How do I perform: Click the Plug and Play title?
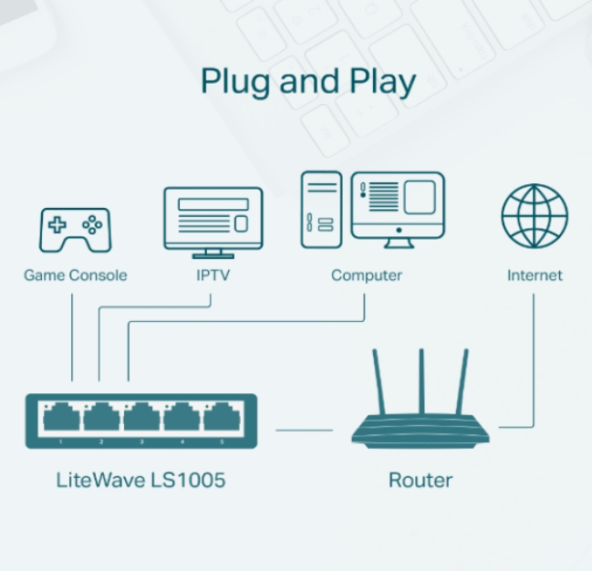pos(308,81)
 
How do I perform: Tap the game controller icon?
pos(75,229)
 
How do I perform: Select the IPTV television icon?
pos(213,218)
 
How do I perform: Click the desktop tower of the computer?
pos(321,209)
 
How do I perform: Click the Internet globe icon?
pos(534,216)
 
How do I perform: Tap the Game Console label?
pos(75,275)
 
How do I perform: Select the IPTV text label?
pos(213,275)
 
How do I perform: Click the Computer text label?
pos(367,275)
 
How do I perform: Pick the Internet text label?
pos(535,275)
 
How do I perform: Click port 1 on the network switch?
pos(60,418)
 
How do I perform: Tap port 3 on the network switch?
pos(141,418)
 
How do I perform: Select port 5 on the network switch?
pos(222,418)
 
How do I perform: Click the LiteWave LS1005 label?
pos(140,480)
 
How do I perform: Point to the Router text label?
pos(420,480)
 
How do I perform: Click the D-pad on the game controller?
pos(57,223)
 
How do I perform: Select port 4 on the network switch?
pos(182,418)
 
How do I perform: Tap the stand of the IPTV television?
pos(213,253)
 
